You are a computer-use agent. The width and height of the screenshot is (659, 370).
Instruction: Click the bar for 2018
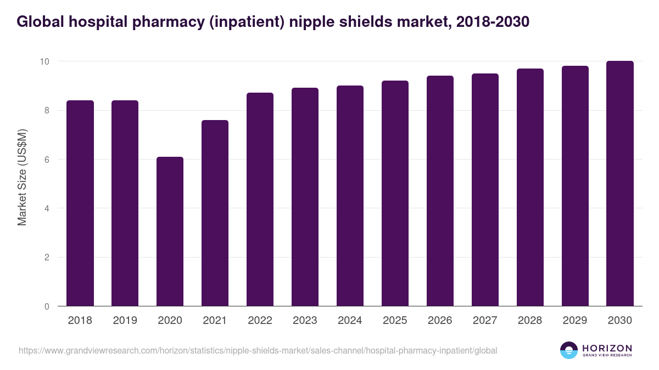coord(80,203)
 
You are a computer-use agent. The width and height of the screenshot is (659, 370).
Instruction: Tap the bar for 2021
coord(215,213)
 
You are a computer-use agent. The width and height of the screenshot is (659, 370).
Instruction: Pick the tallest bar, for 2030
coord(619,184)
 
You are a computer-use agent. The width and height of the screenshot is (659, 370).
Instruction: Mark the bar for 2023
coord(305,197)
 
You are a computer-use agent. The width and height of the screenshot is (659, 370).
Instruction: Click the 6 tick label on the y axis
coord(47,160)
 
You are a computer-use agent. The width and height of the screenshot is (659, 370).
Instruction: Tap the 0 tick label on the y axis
coord(47,306)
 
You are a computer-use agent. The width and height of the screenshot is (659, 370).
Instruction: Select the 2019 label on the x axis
coord(125,321)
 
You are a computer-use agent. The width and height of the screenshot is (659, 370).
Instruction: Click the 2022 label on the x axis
coord(260,321)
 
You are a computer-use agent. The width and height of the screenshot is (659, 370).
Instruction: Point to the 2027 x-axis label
coord(485,321)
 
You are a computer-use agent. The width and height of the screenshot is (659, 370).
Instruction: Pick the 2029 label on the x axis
coord(575,321)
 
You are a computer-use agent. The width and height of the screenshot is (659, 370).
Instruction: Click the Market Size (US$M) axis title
coord(22,177)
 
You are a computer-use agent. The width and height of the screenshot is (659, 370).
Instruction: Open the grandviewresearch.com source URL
coord(258,350)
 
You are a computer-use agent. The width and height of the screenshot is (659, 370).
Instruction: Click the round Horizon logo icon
coord(569,350)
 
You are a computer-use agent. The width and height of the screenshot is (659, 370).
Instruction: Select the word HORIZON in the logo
coord(607,348)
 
